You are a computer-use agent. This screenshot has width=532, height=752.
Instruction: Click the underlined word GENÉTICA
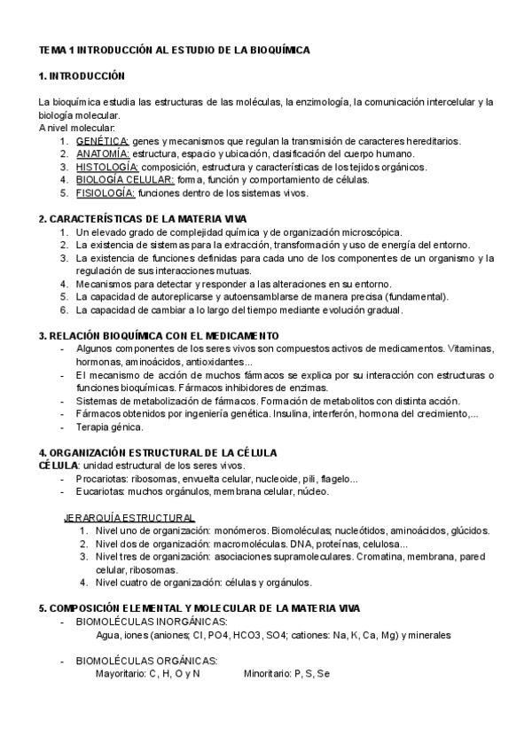102,141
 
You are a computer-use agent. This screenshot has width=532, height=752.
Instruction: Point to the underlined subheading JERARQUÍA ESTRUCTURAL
130,518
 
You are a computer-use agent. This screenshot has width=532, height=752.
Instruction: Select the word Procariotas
100,479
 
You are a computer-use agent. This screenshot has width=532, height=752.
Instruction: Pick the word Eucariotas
99,491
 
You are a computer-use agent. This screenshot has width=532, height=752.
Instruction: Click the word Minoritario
266,674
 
